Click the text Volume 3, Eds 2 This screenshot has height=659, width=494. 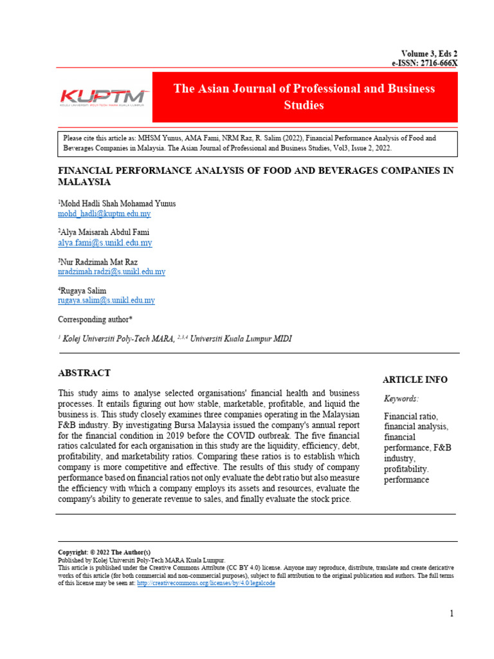click(x=430, y=54)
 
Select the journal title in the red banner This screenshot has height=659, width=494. click(x=304, y=97)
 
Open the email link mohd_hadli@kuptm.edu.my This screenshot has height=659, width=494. click(x=104, y=214)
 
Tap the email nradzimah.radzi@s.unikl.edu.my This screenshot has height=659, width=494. click(x=111, y=272)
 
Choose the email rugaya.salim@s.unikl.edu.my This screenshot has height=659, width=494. click(x=106, y=301)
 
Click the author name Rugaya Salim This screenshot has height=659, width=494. click(x=83, y=291)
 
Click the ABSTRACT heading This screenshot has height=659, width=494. click(x=84, y=373)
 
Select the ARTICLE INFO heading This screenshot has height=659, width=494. click(x=415, y=380)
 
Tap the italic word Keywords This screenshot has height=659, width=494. click(x=401, y=398)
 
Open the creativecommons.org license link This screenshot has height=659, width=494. click(x=206, y=583)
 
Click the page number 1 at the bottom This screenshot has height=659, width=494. click(x=452, y=613)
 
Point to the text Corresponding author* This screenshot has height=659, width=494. click(x=96, y=319)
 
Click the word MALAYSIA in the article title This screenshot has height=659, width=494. click(x=84, y=182)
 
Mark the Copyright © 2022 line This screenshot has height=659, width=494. click(x=104, y=553)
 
